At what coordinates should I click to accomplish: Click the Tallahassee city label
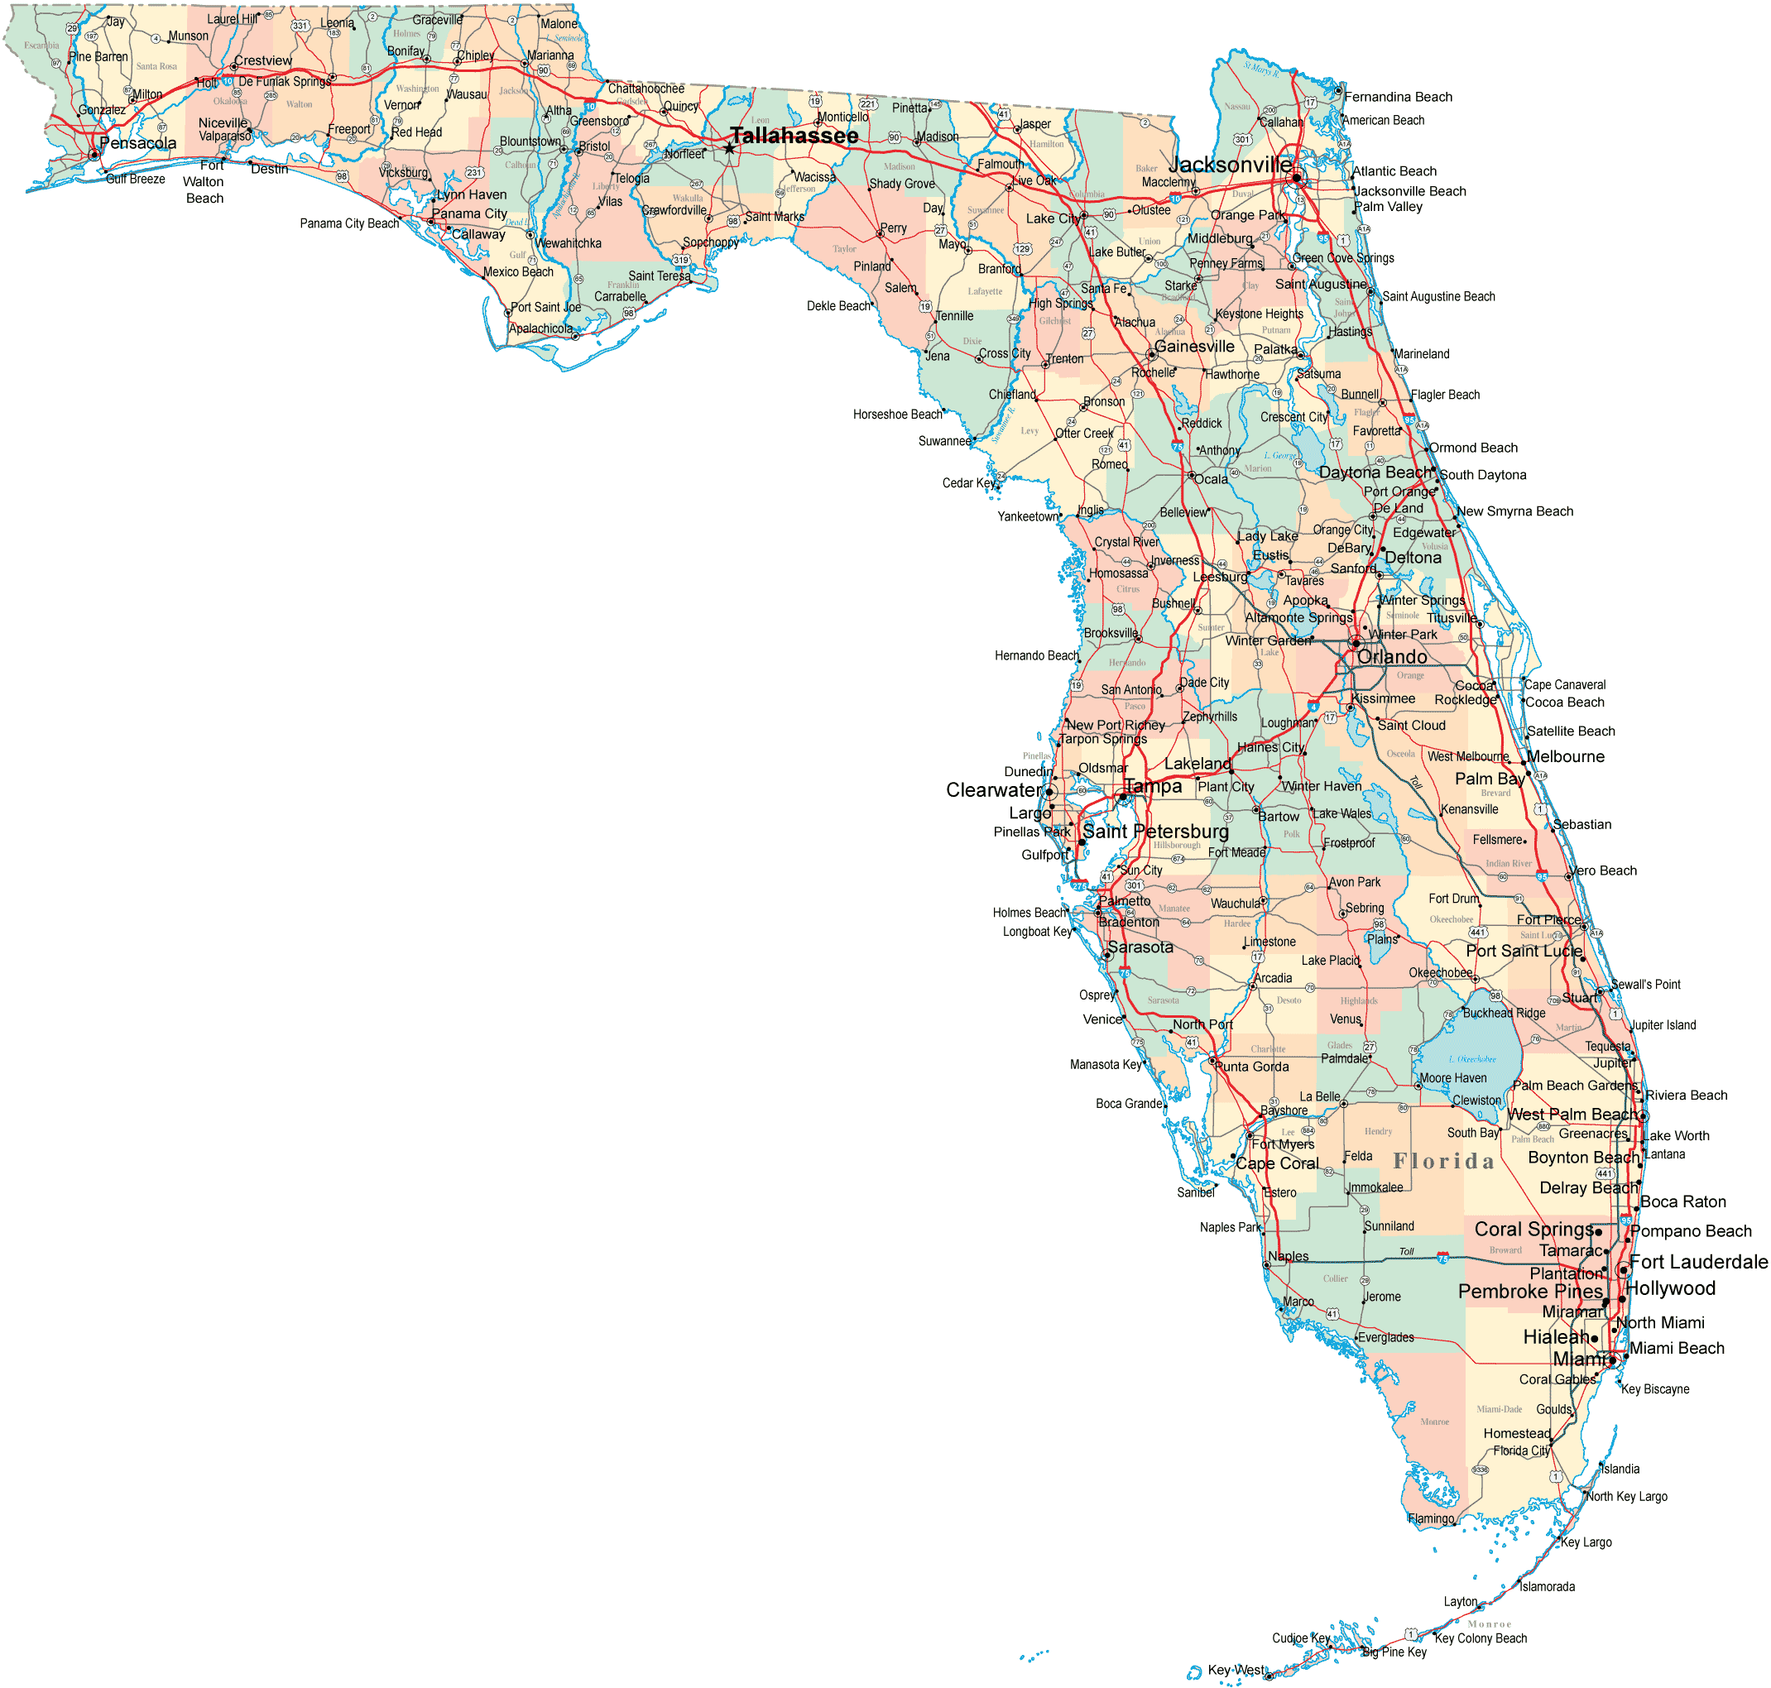coord(794,136)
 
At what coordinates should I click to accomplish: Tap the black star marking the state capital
coord(729,148)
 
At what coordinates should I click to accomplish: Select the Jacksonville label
coord(1230,165)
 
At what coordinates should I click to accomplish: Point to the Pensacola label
coord(137,143)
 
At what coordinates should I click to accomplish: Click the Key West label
coord(1236,1670)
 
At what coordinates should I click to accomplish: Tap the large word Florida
coord(1443,1162)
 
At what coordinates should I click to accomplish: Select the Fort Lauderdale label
coord(1698,1263)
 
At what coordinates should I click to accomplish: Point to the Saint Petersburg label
coord(1155,832)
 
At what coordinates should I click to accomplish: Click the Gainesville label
coord(1194,347)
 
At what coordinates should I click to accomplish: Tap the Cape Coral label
coord(1277,1163)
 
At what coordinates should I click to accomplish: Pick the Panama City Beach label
coord(349,223)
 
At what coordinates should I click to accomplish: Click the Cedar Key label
coord(969,483)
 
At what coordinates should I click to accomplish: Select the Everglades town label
coord(1386,1338)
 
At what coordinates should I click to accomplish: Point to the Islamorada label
coord(1547,1587)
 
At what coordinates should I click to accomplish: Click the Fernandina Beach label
coord(1398,97)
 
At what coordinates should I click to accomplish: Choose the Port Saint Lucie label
coord(1524,951)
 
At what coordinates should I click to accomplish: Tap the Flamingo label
coord(1431,1519)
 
